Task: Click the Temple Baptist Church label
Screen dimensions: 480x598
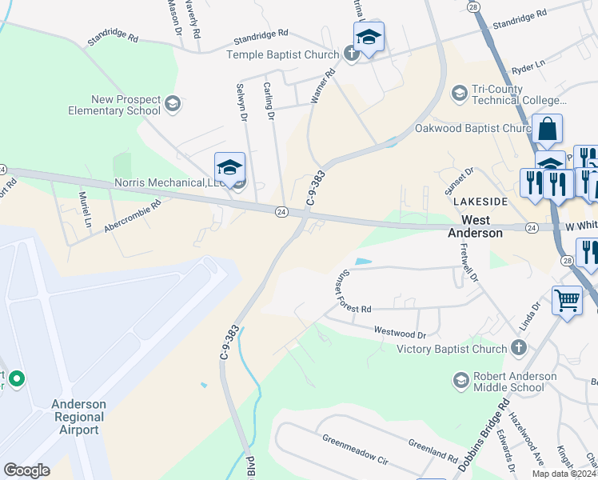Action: (284, 54)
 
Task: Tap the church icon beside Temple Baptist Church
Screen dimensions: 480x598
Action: (350, 54)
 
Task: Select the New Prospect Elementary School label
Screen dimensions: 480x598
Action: (114, 105)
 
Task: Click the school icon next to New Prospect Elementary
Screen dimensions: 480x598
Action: (172, 103)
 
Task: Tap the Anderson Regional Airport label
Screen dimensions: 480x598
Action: (78, 417)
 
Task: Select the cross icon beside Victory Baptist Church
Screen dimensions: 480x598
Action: (518, 348)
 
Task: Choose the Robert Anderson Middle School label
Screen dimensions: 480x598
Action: (515, 382)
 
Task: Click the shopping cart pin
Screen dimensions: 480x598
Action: (567, 302)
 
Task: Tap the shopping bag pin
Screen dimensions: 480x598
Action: (547, 129)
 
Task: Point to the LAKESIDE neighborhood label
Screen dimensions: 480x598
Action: (477, 201)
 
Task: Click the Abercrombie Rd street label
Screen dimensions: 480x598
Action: (133, 216)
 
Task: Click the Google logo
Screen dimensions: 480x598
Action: (26, 470)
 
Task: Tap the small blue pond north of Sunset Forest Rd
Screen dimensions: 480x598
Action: (362, 262)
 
